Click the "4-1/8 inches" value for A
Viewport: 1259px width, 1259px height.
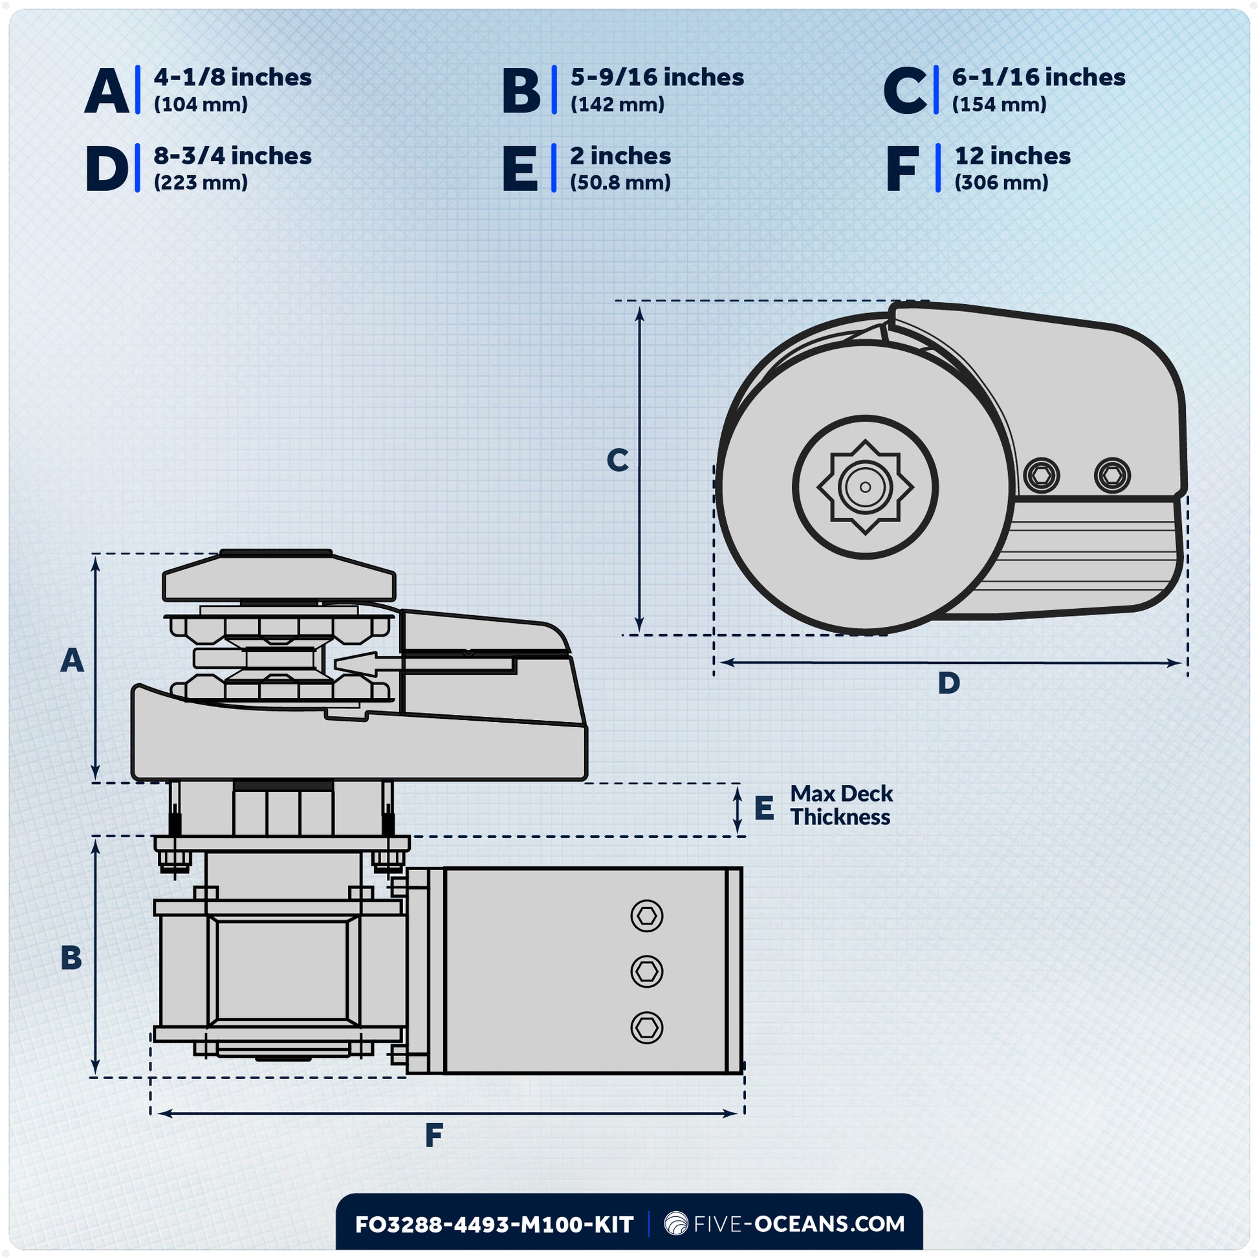pyautogui.click(x=233, y=78)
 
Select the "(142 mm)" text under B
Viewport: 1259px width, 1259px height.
pyautogui.click(x=617, y=104)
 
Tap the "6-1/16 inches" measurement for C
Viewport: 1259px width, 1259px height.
pyautogui.click(x=1038, y=78)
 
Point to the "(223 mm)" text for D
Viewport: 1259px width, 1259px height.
pyautogui.click(x=201, y=182)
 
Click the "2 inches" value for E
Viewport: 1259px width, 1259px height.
pyautogui.click(x=620, y=157)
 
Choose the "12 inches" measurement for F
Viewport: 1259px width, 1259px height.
pyautogui.click(x=1012, y=157)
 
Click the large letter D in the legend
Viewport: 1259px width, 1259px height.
pyautogui.click(x=107, y=169)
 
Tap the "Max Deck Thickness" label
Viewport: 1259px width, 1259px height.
pyautogui.click(x=840, y=805)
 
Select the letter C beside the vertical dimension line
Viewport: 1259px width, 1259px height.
pyautogui.click(x=617, y=460)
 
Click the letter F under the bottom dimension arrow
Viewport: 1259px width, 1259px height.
pyautogui.click(x=433, y=1136)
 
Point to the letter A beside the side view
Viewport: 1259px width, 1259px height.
pyautogui.click(x=72, y=661)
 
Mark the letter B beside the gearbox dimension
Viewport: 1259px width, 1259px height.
pyautogui.click(x=71, y=958)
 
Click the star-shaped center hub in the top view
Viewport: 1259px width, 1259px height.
pyautogui.click(x=865, y=487)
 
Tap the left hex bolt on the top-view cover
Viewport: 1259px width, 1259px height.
pyautogui.click(x=1042, y=474)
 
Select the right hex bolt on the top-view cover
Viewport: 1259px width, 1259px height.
pyautogui.click(x=1111, y=474)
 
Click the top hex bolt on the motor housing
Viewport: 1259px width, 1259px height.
pyautogui.click(x=646, y=916)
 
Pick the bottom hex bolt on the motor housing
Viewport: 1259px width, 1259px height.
pyautogui.click(x=646, y=1028)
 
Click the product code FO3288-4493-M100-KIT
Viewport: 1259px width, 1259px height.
pyautogui.click(x=494, y=1225)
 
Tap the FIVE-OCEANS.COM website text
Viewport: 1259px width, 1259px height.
pyautogui.click(x=798, y=1224)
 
